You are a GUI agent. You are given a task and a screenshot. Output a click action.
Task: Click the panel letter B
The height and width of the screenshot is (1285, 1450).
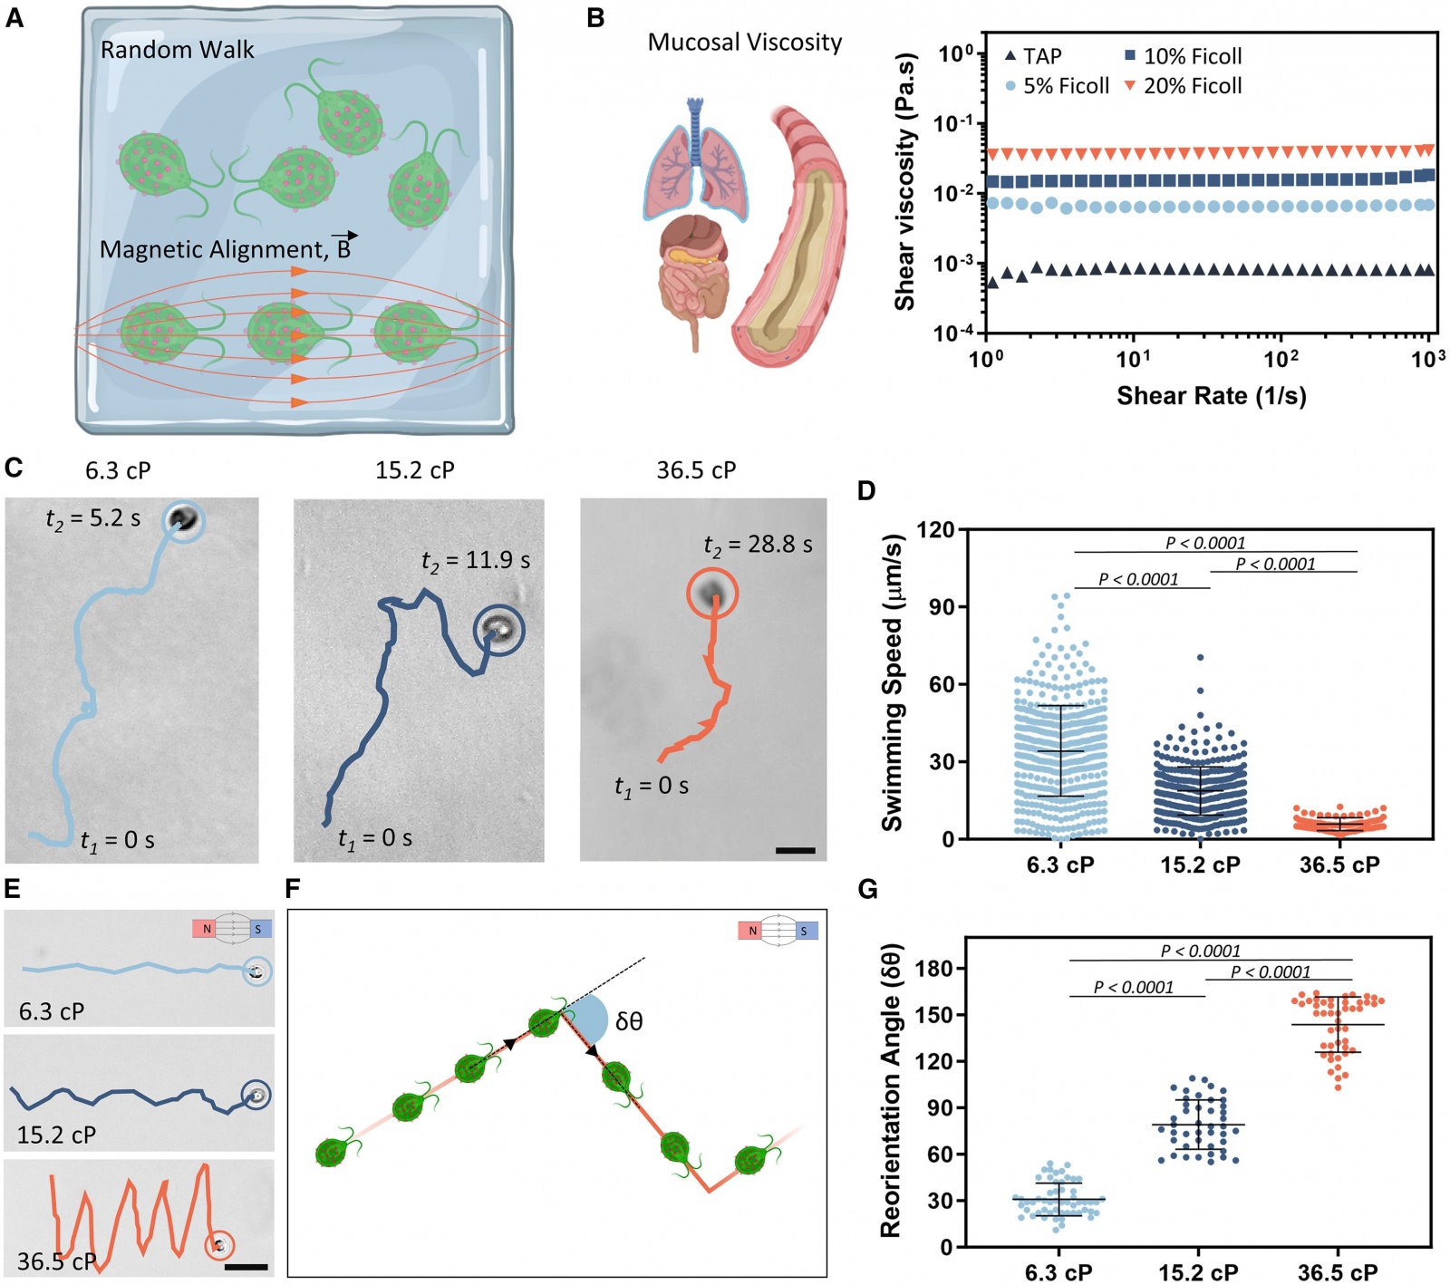tap(595, 17)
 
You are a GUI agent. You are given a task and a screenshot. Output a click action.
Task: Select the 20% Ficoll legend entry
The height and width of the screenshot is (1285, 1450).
tap(1183, 86)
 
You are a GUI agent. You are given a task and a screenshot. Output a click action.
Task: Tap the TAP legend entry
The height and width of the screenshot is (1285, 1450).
tap(1033, 56)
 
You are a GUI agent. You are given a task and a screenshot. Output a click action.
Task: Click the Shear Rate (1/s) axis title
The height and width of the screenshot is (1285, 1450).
tap(1211, 396)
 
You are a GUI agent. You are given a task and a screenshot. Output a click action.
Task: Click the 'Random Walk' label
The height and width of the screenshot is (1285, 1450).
tap(177, 50)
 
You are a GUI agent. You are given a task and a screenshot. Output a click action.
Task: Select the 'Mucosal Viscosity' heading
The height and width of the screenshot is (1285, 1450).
tap(744, 43)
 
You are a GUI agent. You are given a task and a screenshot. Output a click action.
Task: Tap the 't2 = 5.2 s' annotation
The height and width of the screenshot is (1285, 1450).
tap(93, 518)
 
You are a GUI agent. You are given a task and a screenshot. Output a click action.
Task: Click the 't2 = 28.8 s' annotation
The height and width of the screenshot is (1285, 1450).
tap(758, 545)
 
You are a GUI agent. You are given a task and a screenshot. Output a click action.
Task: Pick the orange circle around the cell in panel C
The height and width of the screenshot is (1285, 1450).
tap(712, 594)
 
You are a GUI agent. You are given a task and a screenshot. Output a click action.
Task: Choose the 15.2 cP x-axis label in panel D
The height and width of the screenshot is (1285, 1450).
tap(1200, 865)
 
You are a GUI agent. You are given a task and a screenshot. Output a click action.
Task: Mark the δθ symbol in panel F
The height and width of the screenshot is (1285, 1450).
tap(629, 1021)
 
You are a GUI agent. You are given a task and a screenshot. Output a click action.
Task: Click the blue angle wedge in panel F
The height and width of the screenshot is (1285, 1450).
tap(589, 1018)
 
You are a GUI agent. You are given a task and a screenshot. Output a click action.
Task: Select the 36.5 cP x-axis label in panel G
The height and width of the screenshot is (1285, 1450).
tap(1338, 1272)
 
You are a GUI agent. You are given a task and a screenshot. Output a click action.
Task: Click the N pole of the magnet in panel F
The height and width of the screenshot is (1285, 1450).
tap(751, 931)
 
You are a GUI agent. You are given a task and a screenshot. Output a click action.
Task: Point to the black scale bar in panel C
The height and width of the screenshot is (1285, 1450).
tap(795, 851)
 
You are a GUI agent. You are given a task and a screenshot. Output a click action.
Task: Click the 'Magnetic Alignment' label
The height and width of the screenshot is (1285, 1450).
tap(225, 250)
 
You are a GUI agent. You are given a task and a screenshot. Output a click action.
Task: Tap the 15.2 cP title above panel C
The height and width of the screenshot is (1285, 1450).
tap(415, 470)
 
